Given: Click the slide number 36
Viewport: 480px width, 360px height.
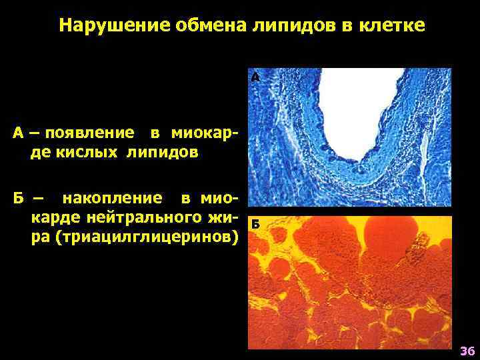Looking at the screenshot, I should click(466, 351).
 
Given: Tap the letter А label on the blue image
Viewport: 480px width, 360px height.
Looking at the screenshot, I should click(255, 77).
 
